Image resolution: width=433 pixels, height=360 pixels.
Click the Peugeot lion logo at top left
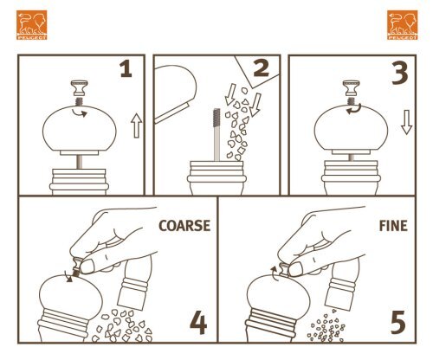coord(31,25)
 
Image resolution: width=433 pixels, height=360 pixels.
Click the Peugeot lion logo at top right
coord(402,25)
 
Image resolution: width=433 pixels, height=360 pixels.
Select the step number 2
coord(262,68)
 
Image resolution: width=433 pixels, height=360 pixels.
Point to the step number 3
coord(400,74)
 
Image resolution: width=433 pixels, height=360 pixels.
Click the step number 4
coord(198,324)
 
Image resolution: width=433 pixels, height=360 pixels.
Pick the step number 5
coord(398,323)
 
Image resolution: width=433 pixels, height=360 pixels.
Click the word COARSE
coord(184,226)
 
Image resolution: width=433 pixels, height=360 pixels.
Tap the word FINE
coord(393,226)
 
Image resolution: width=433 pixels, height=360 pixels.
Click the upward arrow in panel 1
coord(136,125)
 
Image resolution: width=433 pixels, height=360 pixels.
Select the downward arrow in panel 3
coord(406,122)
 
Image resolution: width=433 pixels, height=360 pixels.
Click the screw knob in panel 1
coord(79,88)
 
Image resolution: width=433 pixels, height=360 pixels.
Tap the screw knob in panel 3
coord(352,88)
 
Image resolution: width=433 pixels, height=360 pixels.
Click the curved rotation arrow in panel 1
coord(80,112)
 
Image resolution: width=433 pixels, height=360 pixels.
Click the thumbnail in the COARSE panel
coord(87,266)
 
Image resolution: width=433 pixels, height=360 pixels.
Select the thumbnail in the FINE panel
coord(295,268)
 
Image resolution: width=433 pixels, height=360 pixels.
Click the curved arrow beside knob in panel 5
coord(274,273)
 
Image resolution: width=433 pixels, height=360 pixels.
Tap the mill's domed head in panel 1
coord(80,129)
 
